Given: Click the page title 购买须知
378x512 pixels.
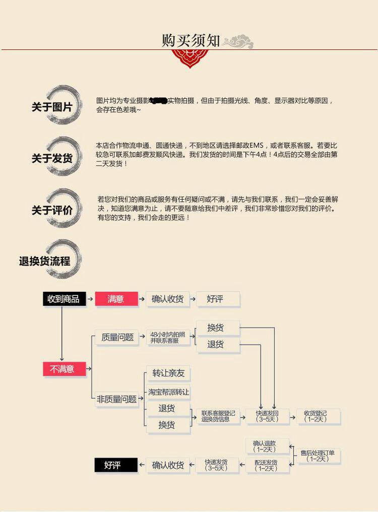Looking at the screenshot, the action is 191,40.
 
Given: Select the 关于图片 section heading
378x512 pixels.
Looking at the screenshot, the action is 52,107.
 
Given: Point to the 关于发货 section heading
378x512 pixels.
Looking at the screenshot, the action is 52,158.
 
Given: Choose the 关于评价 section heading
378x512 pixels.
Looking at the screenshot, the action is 52,210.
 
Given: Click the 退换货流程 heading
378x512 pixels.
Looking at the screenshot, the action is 45,261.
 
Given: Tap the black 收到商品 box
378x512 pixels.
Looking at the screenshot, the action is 64,299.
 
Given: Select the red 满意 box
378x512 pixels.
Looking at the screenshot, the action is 116,299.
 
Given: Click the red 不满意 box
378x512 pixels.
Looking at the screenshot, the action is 64,369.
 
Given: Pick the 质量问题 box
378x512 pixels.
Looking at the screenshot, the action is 117,338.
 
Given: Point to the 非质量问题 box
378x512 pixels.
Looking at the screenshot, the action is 116,399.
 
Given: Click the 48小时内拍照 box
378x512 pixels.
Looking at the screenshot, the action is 168,337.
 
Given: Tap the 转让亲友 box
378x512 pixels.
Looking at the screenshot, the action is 168,373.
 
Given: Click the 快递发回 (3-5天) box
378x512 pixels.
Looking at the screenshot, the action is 267,416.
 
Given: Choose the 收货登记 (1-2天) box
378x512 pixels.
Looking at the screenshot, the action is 316,416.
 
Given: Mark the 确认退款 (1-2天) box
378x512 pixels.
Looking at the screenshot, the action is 268,446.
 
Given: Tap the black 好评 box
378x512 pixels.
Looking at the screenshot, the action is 115,465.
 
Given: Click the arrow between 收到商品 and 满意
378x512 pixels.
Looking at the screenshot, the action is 90,299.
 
